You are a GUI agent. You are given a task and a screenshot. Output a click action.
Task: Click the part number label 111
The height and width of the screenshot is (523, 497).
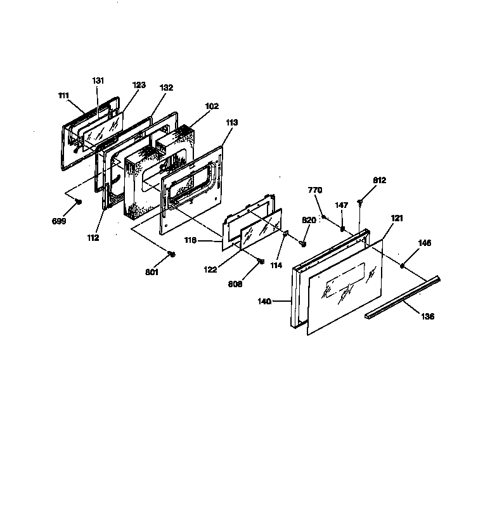[63, 96]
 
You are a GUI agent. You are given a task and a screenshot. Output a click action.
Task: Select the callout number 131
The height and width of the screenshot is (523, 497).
[98, 81]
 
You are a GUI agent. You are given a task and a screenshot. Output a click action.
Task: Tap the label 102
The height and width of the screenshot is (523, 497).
[212, 106]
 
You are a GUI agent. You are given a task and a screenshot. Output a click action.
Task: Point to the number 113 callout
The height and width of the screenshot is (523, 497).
[232, 122]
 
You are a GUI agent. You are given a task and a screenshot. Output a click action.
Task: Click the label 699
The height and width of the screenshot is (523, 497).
[59, 221]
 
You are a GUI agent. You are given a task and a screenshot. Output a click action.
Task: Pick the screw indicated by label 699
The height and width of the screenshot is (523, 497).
[79, 202]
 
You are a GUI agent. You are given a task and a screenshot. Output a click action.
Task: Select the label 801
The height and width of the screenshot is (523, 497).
[152, 272]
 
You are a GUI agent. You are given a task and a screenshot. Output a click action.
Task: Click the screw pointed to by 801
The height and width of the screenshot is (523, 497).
[171, 254]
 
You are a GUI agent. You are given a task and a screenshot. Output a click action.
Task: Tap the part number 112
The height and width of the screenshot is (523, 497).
[93, 238]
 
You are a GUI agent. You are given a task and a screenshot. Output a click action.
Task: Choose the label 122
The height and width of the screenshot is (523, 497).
[210, 269]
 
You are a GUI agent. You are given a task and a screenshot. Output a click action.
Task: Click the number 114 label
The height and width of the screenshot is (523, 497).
[276, 265]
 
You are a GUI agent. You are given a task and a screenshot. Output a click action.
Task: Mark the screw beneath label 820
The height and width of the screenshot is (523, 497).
[303, 244]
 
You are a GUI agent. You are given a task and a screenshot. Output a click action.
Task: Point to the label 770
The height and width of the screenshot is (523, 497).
[315, 190]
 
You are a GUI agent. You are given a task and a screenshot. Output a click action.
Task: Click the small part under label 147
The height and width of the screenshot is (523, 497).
[342, 228]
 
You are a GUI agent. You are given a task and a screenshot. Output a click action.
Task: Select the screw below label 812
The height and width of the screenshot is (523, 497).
[360, 202]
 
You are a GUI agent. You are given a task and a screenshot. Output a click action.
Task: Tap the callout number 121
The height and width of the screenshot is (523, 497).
[397, 218]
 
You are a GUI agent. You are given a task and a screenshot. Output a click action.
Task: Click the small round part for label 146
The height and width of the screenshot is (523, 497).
[403, 266]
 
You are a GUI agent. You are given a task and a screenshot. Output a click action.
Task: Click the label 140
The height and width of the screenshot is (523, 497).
[264, 302]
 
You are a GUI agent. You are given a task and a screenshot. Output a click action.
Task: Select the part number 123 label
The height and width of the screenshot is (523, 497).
[139, 85]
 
